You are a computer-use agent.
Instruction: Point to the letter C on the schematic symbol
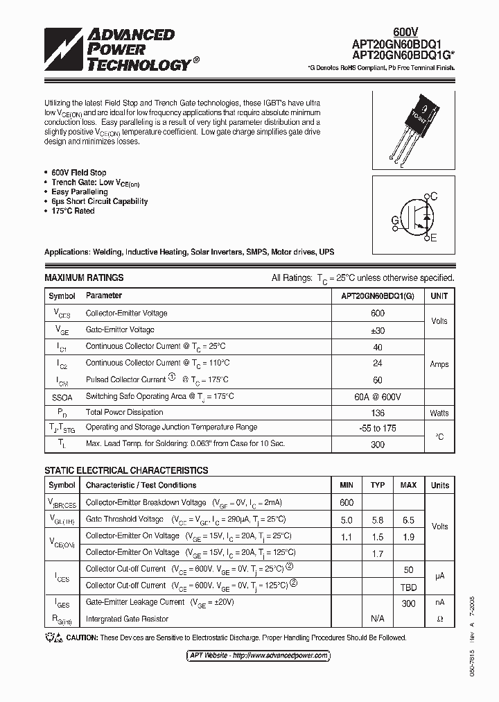coord(434,196)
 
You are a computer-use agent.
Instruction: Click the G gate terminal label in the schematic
coord(395,221)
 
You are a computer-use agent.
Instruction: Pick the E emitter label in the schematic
coord(434,239)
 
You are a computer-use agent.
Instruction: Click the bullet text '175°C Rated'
coord(73,211)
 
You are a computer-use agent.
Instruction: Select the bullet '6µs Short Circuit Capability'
coord(99,201)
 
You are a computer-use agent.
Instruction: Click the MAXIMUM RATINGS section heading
coord(84,277)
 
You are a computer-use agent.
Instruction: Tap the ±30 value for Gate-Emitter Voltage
coord(377,330)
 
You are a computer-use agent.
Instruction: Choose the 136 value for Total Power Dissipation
coord(377,412)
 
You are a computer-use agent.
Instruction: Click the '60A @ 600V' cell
coord(377,396)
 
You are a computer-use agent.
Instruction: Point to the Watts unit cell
coord(439,413)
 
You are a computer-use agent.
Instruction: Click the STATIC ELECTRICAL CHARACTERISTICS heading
coord(126,470)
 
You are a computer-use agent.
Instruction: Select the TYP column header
coord(378,485)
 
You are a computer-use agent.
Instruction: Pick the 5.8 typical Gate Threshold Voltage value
coord(378,520)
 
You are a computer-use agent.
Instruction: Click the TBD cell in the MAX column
coord(408,585)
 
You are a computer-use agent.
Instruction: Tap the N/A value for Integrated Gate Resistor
coord(378,618)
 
